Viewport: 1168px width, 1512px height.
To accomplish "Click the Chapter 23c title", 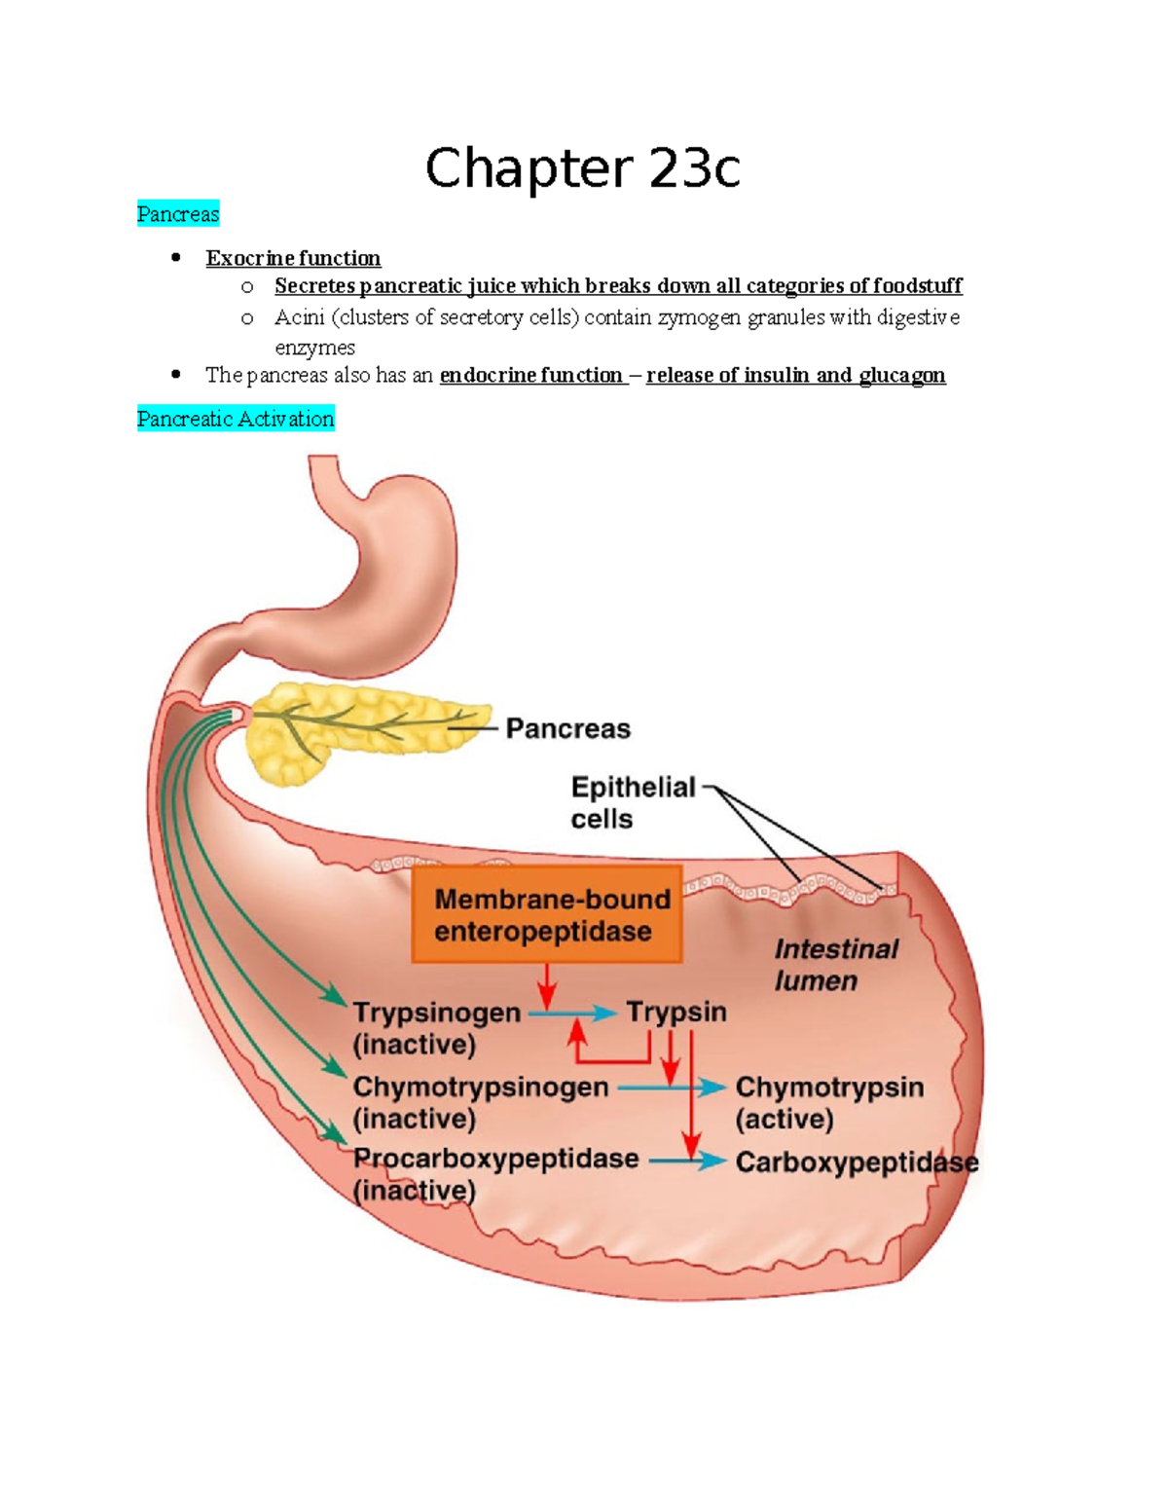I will pyautogui.click(x=582, y=168).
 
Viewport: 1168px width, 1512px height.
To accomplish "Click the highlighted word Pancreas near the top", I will pyautogui.click(x=178, y=214).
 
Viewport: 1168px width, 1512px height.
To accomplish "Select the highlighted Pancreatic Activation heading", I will pyautogui.click(x=236, y=419).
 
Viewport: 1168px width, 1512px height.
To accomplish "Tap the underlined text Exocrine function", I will pyautogui.click(x=293, y=258).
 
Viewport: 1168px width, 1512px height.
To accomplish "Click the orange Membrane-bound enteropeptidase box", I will pyautogui.click(x=546, y=915).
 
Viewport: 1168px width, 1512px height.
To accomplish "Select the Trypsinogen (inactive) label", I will pyautogui.click(x=436, y=1028).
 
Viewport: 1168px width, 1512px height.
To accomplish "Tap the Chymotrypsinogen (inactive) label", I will pyautogui.click(x=480, y=1102).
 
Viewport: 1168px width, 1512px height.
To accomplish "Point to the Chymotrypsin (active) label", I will pyautogui.click(x=829, y=1102).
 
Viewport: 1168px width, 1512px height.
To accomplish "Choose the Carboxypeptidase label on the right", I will pyautogui.click(x=857, y=1162).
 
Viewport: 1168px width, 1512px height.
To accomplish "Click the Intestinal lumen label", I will pyautogui.click(x=835, y=965).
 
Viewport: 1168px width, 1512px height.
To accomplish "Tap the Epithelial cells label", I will pyautogui.click(x=633, y=802).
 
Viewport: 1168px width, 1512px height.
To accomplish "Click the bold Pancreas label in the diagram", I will pyautogui.click(x=567, y=728).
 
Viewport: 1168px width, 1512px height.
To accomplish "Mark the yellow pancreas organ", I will pyautogui.click(x=350, y=730).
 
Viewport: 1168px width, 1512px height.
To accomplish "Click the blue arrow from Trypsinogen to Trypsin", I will pyautogui.click(x=572, y=1014).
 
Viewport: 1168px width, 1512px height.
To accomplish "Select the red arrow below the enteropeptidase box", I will pyautogui.click(x=547, y=985).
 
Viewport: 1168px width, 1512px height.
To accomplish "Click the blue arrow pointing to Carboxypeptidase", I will pyautogui.click(x=686, y=1161).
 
